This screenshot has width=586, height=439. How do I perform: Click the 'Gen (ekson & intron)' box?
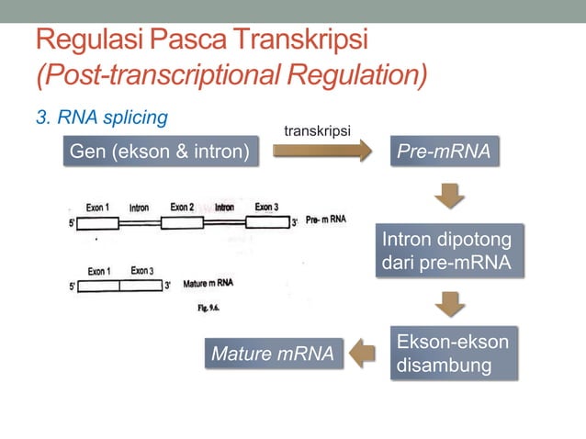click(x=159, y=152)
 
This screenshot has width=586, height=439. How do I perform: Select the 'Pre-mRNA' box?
click(x=444, y=152)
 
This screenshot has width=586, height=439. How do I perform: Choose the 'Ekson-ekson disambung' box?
click(x=452, y=354)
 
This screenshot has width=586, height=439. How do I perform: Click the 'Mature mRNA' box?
click(x=273, y=354)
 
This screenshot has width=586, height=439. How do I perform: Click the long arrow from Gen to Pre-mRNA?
click(x=321, y=152)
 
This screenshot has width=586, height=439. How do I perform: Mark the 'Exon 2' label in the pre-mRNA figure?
click(x=182, y=208)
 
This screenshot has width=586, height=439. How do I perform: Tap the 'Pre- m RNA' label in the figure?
click(x=325, y=220)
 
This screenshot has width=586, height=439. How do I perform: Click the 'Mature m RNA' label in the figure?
click(x=208, y=284)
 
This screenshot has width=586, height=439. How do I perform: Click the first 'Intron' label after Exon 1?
click(x=139, y=208)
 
